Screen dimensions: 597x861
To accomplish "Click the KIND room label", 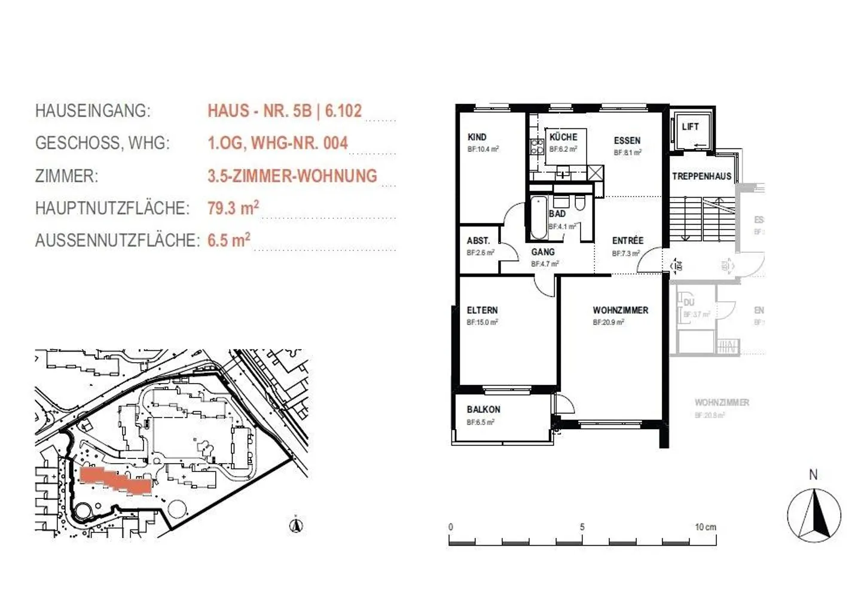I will tap(477, 137).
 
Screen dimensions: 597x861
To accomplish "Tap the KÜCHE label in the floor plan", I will tap(563, 137).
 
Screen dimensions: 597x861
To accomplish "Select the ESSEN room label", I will tap(627, 140).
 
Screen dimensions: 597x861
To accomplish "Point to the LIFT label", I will tap(690, 127).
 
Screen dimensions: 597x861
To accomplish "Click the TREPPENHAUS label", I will tap(701, 176).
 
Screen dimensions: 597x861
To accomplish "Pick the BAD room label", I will tap(557, 213).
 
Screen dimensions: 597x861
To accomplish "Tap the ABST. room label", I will tap(478, 241).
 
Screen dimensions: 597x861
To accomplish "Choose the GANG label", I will tap(543, 252).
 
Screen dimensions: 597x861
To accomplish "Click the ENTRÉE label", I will tap(627, 241).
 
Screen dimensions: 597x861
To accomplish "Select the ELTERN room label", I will tap(482, 310).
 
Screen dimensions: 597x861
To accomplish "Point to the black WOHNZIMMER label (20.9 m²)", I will tap(620, 310).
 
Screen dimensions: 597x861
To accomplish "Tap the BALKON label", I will tap(483, 409).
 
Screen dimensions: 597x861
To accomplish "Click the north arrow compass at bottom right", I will tap(814, 515).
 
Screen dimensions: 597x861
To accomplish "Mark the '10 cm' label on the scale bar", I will tap(705, 527).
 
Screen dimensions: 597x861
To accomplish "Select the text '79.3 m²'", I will tap(233, 208).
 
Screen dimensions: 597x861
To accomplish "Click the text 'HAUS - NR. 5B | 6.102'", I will tap(285, 111).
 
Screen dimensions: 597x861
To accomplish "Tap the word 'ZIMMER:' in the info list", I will tap(66, 176).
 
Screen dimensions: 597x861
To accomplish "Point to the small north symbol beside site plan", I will tap(296, 525).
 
